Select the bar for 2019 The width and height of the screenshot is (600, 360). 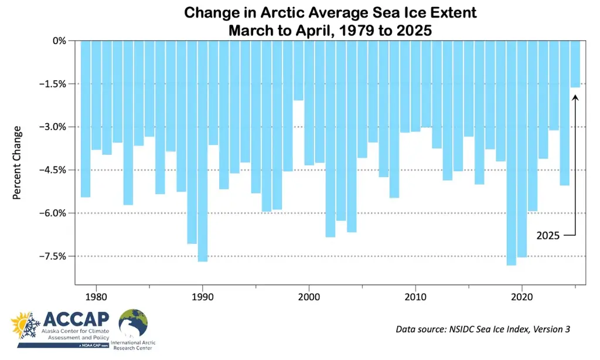tap(512, 152)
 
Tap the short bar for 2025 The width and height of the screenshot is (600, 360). tap(575, 64)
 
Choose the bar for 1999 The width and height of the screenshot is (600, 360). tap(298, 70)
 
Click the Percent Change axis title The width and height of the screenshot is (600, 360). tap(17, 162)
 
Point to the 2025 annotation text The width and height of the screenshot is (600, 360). tap(548, 236)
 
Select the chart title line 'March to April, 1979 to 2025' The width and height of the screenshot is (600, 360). tap(330, 30)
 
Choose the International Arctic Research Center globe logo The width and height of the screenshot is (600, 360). tap(133, 324)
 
